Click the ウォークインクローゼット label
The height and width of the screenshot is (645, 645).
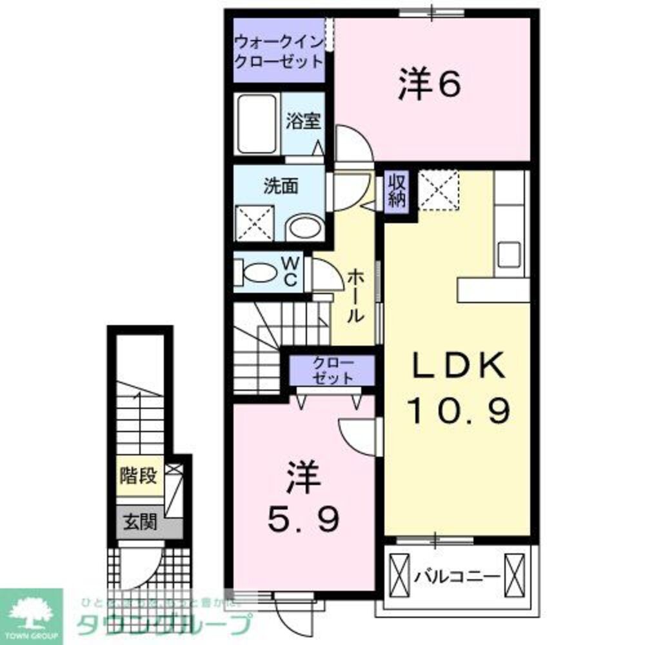coord(278,52)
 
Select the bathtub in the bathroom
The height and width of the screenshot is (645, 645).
coord(257,124)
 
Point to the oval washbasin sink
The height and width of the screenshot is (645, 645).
coord(305,228)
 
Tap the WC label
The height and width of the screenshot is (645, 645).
coord(291,272)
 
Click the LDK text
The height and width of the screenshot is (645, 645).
coord(457,368)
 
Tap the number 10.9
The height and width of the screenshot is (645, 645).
coord(457,410)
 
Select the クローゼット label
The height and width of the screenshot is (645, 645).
coord(332,370)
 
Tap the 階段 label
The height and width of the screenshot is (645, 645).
coord(139,477)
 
